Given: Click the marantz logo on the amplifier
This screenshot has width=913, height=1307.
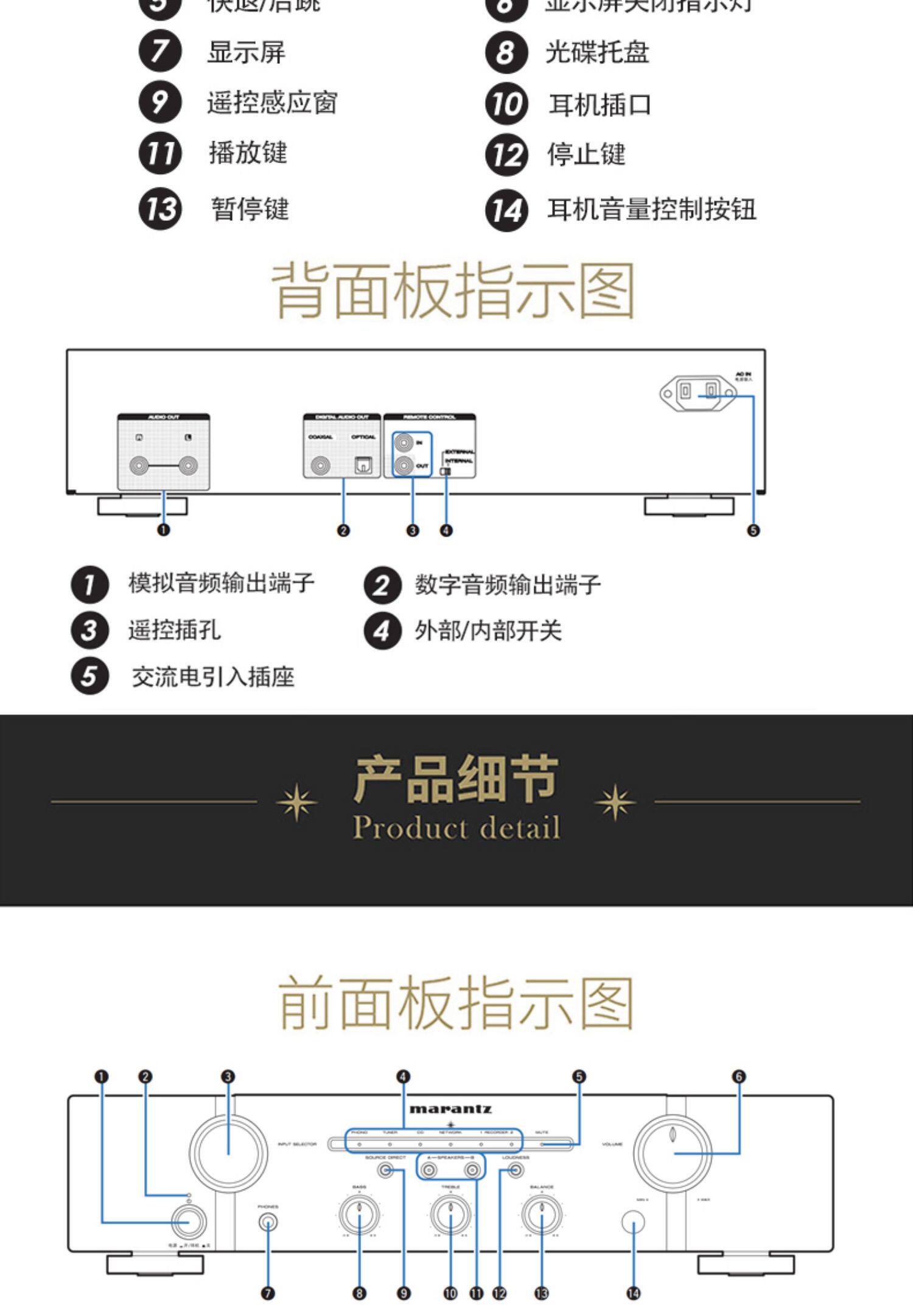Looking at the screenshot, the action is click(x=450, y=1109).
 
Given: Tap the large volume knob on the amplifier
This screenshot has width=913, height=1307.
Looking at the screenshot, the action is click(x=672, y=1152).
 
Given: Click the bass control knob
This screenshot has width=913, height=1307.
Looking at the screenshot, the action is click(x=359, y=1215).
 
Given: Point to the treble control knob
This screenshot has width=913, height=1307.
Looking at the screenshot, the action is click(x=450, y=1215).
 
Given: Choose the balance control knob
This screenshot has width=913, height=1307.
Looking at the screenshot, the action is click(x=541, y=1215).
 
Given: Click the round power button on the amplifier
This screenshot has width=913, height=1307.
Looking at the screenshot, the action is click(x=189, y=1222).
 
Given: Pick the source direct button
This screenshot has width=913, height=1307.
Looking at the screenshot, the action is click(x=385, y=1169).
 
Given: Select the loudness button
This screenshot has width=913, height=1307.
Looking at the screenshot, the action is click(x=516, y=1169).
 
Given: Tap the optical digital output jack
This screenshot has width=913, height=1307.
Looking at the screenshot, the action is click(x=363, y=466).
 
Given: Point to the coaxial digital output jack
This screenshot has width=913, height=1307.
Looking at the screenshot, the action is click(x=320, y=466).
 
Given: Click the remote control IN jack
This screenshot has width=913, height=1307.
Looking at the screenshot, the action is click(x=404, y=442).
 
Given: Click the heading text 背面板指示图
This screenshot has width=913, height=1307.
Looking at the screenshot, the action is click(x=453, y=291).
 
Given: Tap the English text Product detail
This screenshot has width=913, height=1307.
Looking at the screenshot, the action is click(x=456, y=828).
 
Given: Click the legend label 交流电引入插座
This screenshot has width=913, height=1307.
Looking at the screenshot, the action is click(x=213, y=677).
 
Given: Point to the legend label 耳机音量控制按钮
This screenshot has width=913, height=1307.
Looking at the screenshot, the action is click(x=651, y=209).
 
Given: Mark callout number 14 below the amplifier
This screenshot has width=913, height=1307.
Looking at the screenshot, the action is click(x=634, y=1293).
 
